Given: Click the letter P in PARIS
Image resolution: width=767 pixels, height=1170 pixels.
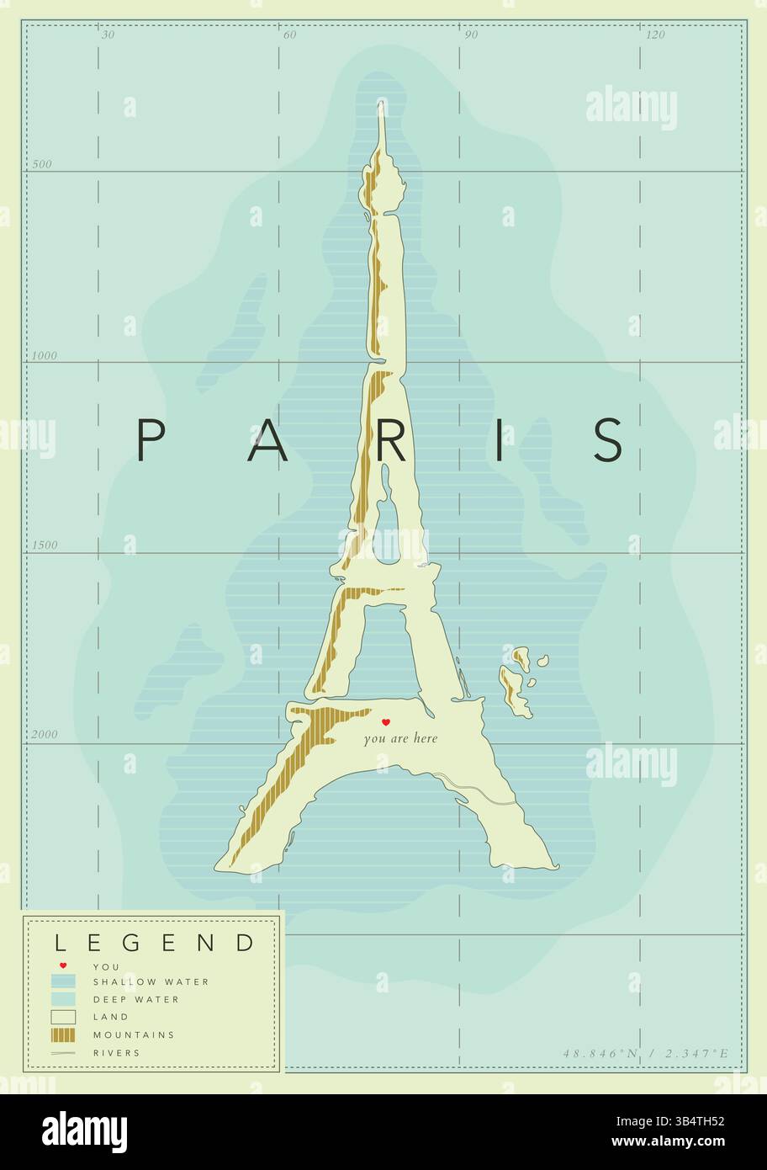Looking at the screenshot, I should [x=149, y=439].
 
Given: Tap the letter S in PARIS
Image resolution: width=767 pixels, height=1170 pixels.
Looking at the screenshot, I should [x=608, y=439].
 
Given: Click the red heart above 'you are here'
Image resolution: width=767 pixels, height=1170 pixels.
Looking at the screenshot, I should [x=386, y=722].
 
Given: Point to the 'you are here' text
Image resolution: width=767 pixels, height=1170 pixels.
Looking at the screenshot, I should [x=400, y=739].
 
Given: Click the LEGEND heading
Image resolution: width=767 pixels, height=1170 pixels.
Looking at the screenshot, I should [x=154, y=942].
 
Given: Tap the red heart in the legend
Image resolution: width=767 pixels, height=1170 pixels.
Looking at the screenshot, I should [x=63, y=965].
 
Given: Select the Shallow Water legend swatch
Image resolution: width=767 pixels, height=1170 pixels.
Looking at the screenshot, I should [x=63, y=981].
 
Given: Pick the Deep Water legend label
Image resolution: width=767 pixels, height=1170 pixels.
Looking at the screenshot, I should [x=135, y=999].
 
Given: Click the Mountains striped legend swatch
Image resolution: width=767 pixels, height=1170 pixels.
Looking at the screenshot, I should [x=63, y=1034].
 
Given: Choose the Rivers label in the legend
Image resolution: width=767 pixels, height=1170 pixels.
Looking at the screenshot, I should [x=117, y=1052].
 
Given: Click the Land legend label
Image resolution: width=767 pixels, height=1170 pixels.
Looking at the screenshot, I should [x=111, y=1017].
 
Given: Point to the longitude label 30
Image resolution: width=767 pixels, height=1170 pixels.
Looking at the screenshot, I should [x=108, y=35].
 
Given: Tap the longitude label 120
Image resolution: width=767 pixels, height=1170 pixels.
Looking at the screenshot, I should [x=655, y=35].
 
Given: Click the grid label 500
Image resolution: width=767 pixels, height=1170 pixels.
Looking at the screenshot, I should [x=42, y=164].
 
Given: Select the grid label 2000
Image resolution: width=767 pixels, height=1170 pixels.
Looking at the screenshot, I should [x=45, y=734].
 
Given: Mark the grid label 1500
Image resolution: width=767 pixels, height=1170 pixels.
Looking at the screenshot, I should [x=45, y=545].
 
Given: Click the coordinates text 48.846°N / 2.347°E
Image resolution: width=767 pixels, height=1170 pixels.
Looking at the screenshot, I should [x=646, y=1052].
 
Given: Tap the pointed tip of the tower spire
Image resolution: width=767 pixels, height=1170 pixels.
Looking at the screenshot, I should [x=381, y=104].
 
